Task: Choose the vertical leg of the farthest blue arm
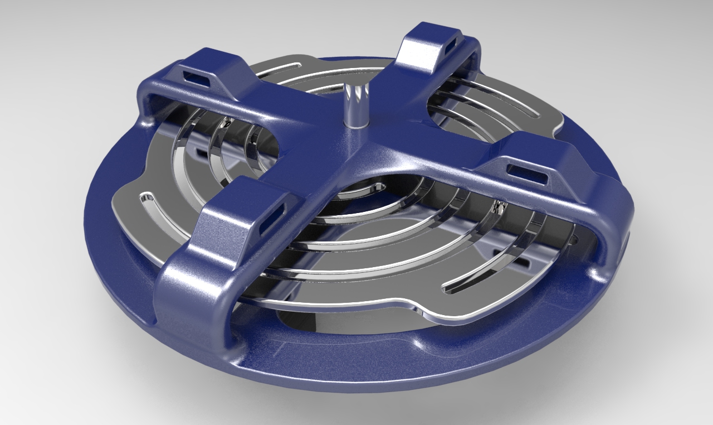(x=473, y=61)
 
